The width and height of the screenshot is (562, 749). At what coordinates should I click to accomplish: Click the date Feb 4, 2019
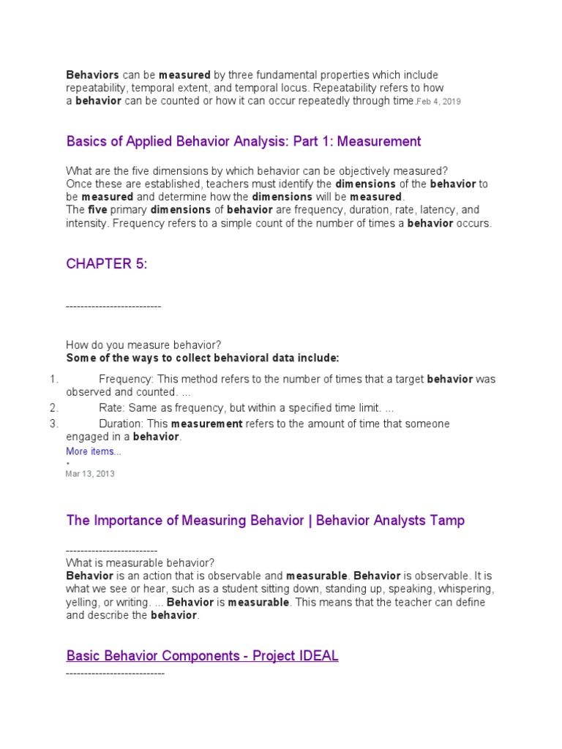coord(440,102)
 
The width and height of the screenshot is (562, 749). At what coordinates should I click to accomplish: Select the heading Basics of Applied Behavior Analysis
coord(243,141)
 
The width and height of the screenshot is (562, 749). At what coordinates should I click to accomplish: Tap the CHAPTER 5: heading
coord(107,264)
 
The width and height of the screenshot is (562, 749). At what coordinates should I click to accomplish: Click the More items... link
coord(94,451)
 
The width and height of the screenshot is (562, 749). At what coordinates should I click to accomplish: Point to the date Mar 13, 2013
coord(90,473)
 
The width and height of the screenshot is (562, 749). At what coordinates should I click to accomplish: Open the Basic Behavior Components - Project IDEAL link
coord(202,655)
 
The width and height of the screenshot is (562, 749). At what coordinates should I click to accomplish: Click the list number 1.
coord(53,379)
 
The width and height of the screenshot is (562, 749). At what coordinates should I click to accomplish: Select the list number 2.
coord(53,407)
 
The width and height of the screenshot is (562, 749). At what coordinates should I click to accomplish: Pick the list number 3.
coord(53,424)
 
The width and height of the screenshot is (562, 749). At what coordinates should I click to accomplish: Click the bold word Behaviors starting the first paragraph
coord(93,75)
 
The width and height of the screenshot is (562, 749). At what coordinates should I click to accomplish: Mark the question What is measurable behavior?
coord(140,562)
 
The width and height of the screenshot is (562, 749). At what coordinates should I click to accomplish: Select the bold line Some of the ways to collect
coord(203,358)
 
